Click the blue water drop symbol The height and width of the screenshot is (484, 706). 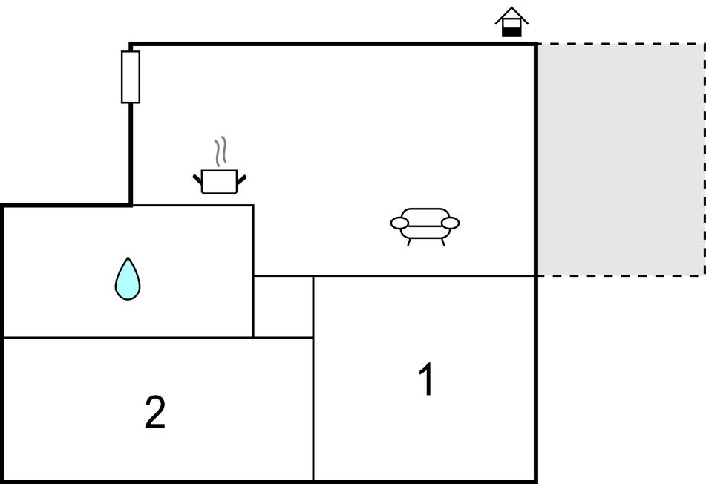pyautogui.click(x=128, y=281)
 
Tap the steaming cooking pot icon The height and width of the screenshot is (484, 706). pyautogui.click(x=219, y=181)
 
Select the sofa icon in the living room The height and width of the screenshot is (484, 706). pyautogui.click(x=425, y=224)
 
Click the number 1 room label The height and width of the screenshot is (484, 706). pyautogui.click(x=426, y=380)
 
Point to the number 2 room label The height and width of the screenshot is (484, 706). pyautogui.click(x=154, y=412)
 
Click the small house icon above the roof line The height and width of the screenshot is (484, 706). pyautogui.click(x=511, y=22)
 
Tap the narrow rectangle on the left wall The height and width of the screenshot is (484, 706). pyautogui.click(x=131, y=76)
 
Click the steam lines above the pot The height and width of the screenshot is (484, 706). pyautogui.click(x=219, y=152)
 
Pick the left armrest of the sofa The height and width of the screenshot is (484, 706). pyautogui.click(x=400, y=222)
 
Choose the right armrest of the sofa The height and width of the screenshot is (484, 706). pyautogui.click(x=450, y=222)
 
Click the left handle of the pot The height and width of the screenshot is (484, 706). pyautogui.click(x=198, y=179)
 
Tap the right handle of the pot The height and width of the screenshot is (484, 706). pyautogui.click(x=241, y=179)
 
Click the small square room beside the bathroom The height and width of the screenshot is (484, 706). pyautogui.click(x=283, y=307)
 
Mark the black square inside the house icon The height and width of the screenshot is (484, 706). pyautogui.click(x=511, y=30)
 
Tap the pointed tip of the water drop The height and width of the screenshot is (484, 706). pyautogui.click(x=128, y=260)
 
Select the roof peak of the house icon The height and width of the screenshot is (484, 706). pyautogui.click(x=511, y=9)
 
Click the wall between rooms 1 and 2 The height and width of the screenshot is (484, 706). pyautogui.click(x=313, y=408)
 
